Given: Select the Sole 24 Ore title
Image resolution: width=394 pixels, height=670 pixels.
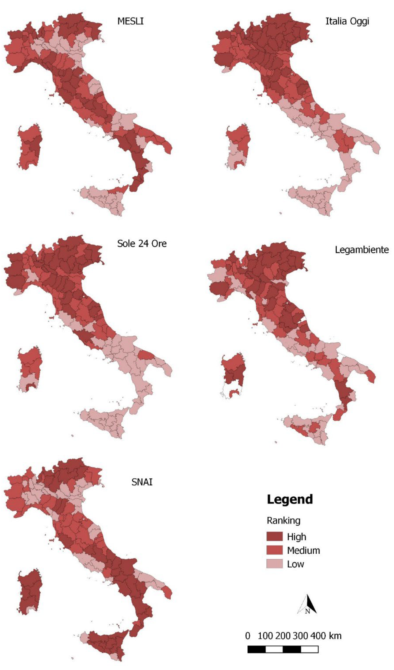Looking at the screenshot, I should pos(142,244).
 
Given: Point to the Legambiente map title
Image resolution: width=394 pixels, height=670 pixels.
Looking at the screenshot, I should pos(362,250).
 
